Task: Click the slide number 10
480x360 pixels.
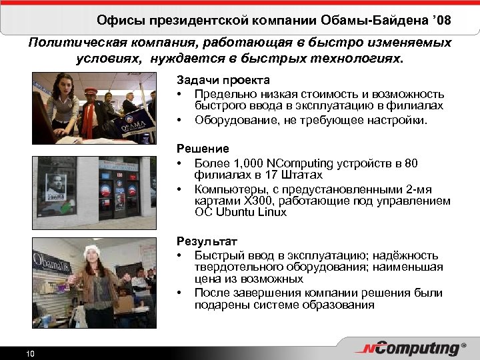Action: (x=30, y=353)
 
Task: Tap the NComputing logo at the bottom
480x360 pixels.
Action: (x=412, y=349)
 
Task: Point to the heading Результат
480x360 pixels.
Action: (x=207, y=241)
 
